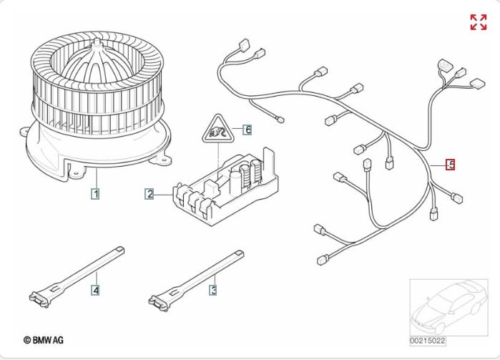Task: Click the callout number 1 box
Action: (94, 193)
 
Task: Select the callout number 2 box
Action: (149, 193)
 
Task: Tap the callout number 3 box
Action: (212, 290)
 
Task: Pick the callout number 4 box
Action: (94, 290)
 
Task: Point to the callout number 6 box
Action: (247, 130)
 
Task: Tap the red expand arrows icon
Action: (478, 22)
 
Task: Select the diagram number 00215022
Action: (428, 341)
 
